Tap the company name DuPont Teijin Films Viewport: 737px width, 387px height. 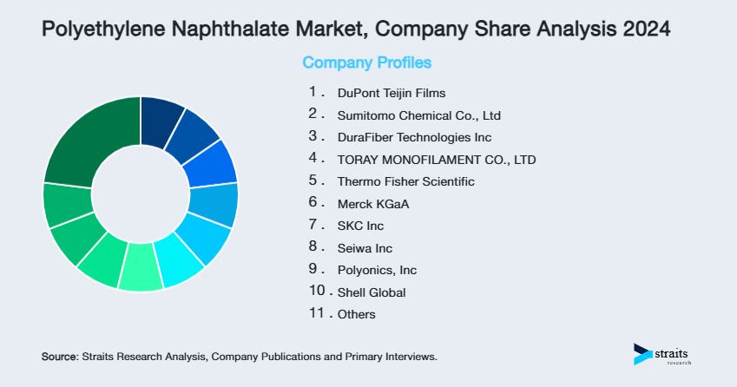[392, 92]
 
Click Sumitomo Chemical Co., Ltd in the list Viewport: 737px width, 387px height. [419, 115]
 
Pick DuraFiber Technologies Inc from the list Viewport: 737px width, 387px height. [414, 137]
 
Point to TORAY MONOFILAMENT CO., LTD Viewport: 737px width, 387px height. [437, 160]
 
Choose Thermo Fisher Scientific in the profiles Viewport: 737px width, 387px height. [406, 181]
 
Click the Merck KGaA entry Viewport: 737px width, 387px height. [372, 204]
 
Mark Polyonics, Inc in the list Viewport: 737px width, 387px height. [377, 271]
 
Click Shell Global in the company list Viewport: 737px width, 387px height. [372, 292]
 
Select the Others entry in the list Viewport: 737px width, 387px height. [357, 315]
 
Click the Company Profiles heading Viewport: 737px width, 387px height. [366, 62]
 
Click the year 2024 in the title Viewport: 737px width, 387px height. [646, 30]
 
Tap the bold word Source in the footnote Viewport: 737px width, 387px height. [59, 357]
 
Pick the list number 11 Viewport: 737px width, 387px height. [317, 313]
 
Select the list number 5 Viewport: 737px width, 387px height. [313, 180]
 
